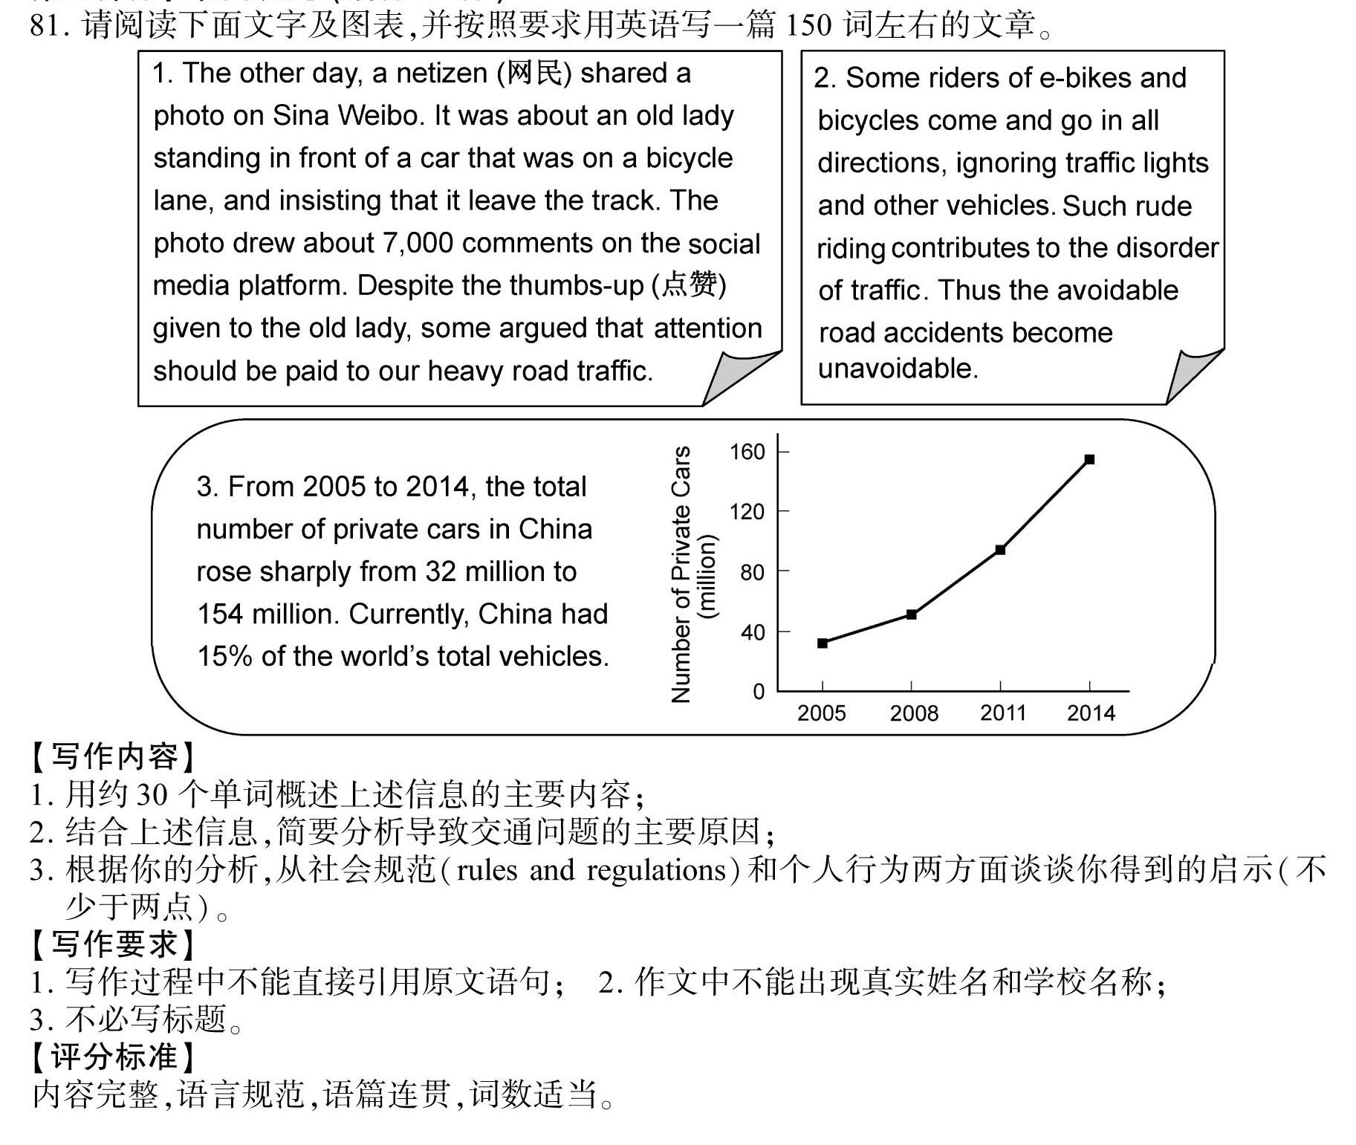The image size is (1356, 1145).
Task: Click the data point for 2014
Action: tap(1089, 459)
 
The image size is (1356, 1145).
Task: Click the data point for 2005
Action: tap(823, 643)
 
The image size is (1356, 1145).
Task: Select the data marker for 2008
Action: tap(912, 614)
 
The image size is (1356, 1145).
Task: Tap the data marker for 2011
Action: tap(1000, 550)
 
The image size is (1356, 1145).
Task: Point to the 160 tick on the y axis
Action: tap(747, 452)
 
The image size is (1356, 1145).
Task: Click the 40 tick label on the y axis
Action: tap(752, 632)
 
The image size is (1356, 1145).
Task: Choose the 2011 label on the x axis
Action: tap(1002, 713)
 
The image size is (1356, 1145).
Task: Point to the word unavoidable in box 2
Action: tap(897, 368)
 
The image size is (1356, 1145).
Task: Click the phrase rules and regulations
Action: tap(590, 869)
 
